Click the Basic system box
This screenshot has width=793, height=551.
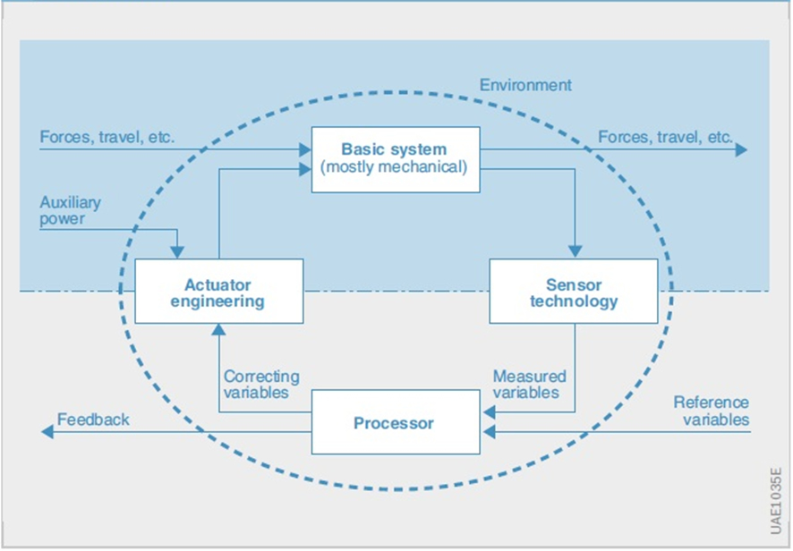pyautogui.click(x=396, y=160)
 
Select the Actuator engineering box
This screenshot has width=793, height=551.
pyautogui.click(x=219, y=292)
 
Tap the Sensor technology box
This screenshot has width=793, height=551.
pyautogui.click(x=574, y=292)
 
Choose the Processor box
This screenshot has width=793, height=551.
pyautogui.click(x=396, y=422)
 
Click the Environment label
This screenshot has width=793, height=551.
pyautogui.click(x=525, y=85)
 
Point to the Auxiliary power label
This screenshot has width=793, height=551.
pyautogui.click(x=71, y=210)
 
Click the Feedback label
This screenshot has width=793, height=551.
pyautogui.click(x=93, y=419)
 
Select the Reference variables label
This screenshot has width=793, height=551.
pyautogui.click(x=712, y=411)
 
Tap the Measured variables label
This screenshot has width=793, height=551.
pyautogui.click(x=530, y=385)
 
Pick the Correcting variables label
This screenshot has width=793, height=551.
pyautogui.click(x=261, y=385)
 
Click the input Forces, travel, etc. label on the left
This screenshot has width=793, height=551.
pyautogui.click(x=107, y=137)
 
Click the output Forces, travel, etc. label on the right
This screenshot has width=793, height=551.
pyautogui.click(x=666, y=137)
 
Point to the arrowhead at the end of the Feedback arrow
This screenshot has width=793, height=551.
pyautogui.click(x=47, y=432)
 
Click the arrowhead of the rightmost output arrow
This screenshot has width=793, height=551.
pyautogui.click(x=741, y=149)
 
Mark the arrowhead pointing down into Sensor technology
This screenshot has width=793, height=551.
pyautogui.click(x=575, y=251)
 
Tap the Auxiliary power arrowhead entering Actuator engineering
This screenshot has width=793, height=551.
pyautogui.click(x=177, y=251)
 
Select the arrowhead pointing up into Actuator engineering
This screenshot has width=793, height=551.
pyautogui.click(x=218, y=330)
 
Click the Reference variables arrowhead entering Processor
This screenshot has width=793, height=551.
pyautogui.click(x=489, y=432)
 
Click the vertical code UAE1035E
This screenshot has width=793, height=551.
pyautogui.click(x=776, y=500)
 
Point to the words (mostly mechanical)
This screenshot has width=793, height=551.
pyautogui.click(x=394, y=166)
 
